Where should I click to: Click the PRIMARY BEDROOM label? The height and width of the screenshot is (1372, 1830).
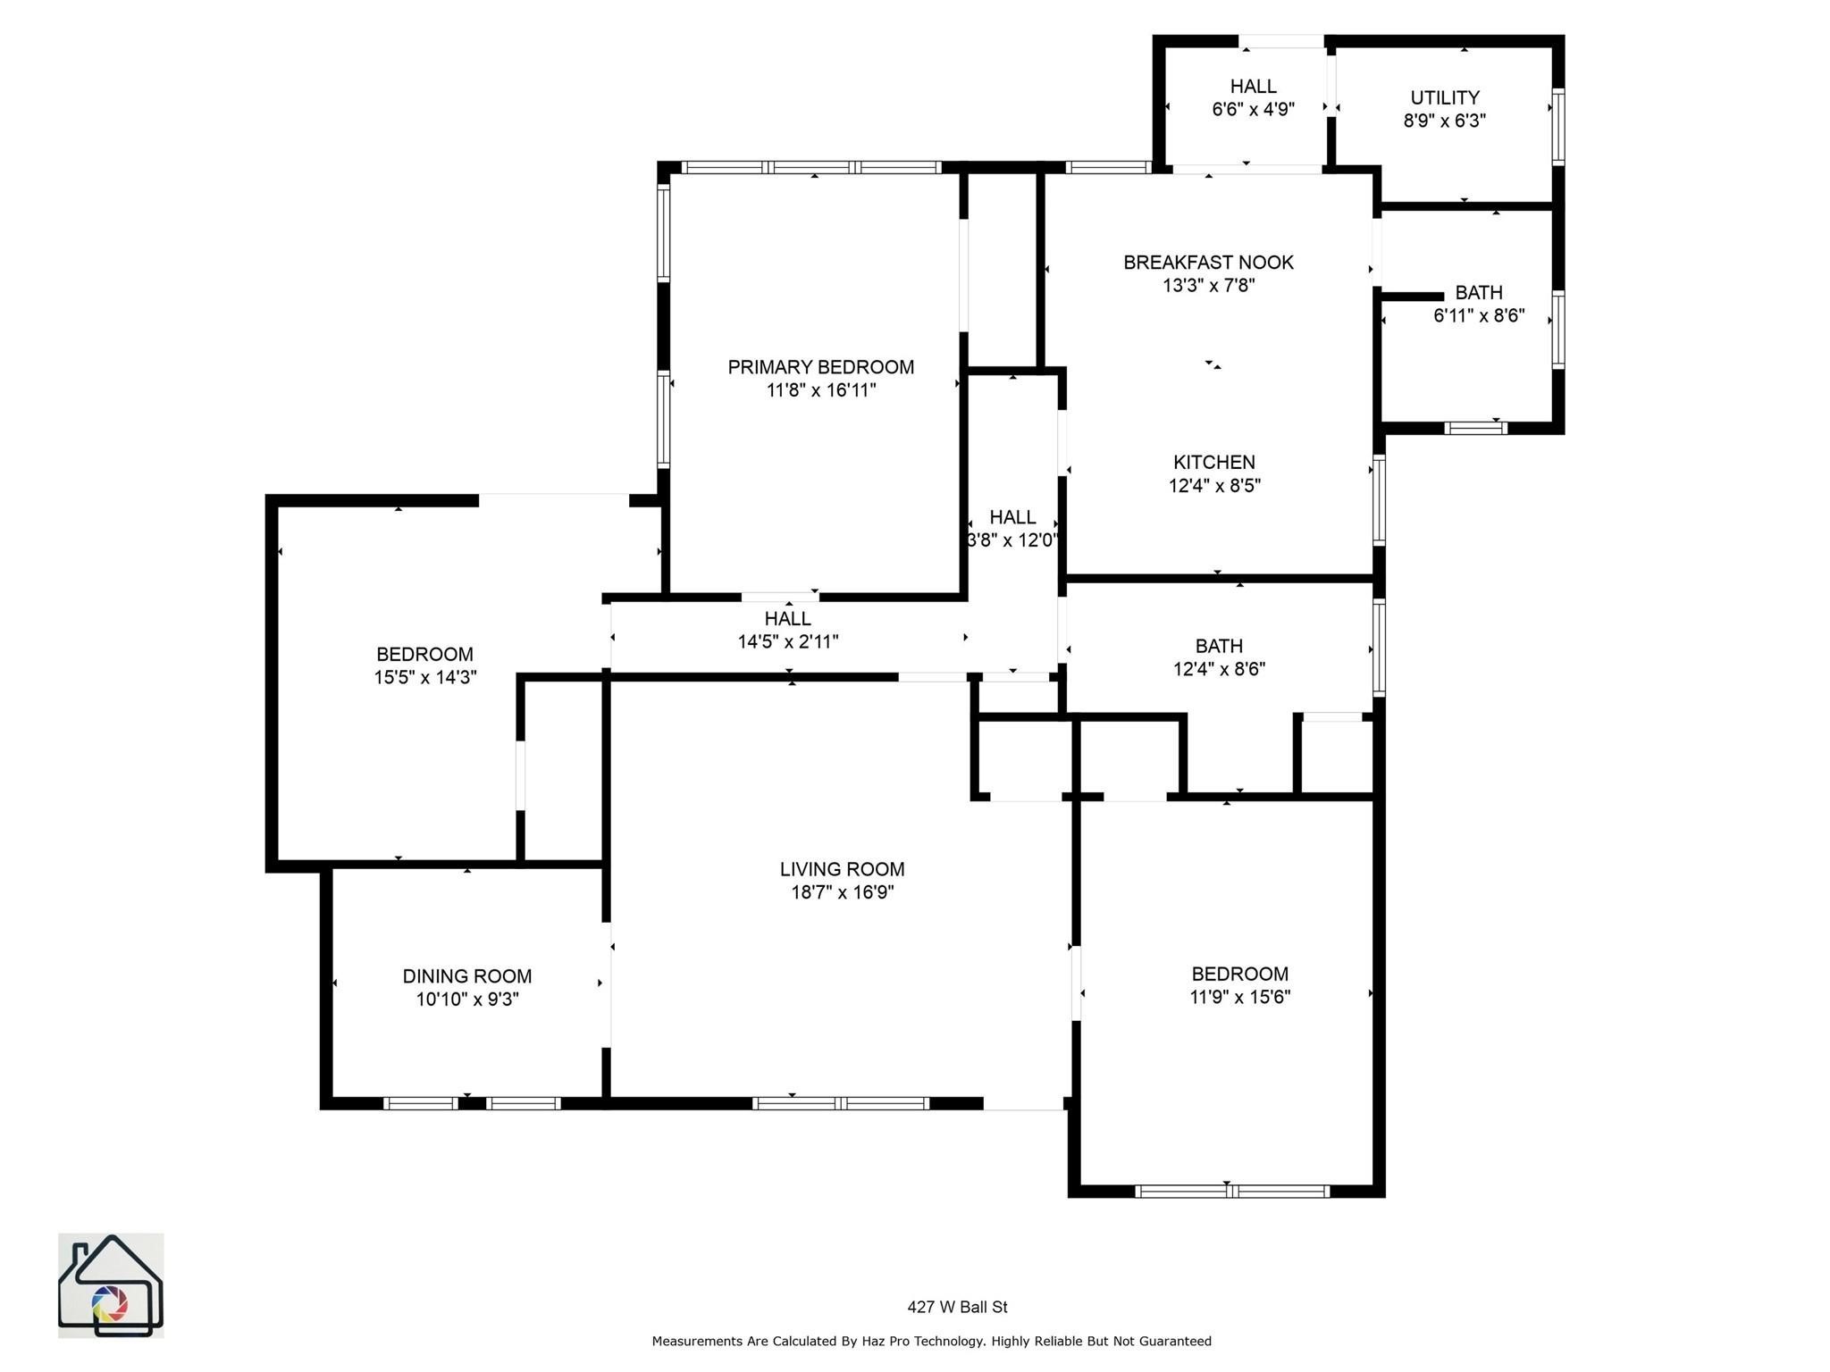pos(820,367)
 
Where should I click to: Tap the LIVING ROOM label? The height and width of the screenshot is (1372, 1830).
pos(842,869)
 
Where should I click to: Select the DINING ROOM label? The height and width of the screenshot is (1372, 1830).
pos(466,976)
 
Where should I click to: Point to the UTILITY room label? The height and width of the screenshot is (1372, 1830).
pos(1444,97)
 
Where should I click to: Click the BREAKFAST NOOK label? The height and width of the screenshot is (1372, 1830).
pos(1208,263)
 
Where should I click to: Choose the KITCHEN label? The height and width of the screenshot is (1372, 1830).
pos(1213,463)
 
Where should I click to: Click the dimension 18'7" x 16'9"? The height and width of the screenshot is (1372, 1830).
pos(842,892)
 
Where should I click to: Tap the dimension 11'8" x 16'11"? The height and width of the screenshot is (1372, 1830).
pos(820,390)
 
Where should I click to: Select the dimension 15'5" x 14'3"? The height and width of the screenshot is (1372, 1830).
pos(425,677)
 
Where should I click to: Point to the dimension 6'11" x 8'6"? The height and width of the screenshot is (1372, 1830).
pos(1478,315)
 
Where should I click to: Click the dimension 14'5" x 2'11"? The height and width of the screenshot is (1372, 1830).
pos(787,641)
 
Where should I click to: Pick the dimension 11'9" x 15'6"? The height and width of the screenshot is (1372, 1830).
pos(1239,997)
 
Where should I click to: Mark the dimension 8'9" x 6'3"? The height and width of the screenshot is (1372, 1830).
pos(1444,121)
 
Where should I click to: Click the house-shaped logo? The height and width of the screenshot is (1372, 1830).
pos(111,1285)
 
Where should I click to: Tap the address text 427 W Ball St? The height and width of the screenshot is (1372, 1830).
pos(957,1307)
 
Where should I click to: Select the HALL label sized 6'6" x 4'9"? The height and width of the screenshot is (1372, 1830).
pos(1253,87)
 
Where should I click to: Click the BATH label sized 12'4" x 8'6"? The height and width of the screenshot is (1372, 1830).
pos(1219,646)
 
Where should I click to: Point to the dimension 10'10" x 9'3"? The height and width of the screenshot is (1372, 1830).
pos(466,1000)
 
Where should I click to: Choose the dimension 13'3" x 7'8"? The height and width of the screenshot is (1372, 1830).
pos(1208,286)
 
